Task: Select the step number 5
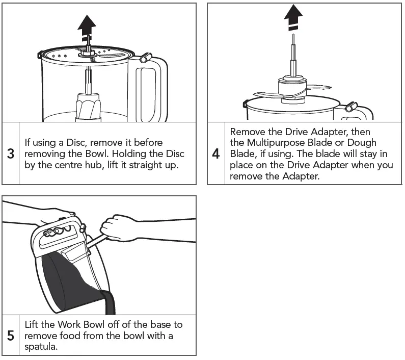pos(11,336)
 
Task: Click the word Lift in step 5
pos(32,325)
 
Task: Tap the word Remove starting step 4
pos(247,132)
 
